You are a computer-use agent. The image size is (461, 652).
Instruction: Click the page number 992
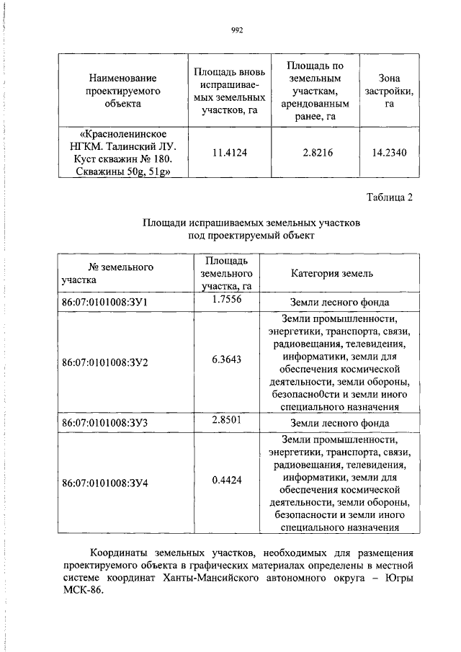coord(237,30)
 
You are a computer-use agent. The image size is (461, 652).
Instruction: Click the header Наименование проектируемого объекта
coord(122,91)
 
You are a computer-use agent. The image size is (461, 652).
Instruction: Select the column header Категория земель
coord(332,274)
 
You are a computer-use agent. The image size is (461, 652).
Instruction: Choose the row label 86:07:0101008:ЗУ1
coord(105,303)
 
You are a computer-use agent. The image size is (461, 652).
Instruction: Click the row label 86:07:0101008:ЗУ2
coord(105,361)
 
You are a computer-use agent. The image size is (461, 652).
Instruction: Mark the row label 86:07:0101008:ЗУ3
coord(105,423)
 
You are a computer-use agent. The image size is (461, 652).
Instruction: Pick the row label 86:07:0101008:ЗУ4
coord(105,482)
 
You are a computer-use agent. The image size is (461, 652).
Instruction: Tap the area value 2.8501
coord(227,421)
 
